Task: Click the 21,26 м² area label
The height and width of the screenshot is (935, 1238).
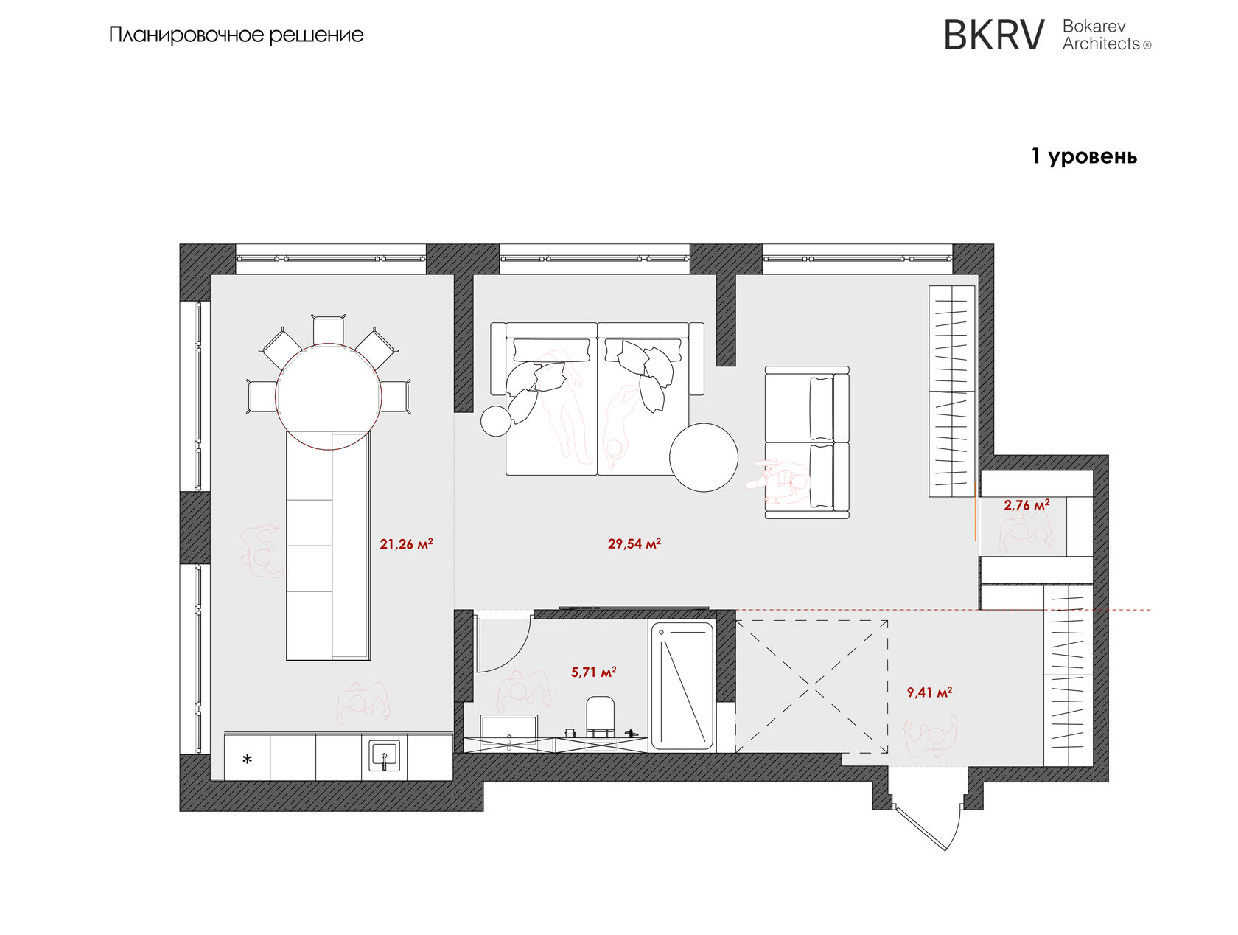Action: point(406,544)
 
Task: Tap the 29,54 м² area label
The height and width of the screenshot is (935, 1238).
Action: point(634,543)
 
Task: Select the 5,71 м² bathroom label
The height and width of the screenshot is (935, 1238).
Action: point(593,672)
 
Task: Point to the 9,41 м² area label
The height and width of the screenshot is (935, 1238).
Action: point(929,692)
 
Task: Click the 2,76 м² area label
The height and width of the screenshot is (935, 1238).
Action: point(1027,504)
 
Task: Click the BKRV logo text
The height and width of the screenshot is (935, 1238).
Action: point(994,35)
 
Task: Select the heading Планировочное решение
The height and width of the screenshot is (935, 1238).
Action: point(237,35)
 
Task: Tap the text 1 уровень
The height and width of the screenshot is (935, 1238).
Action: point(1084,156)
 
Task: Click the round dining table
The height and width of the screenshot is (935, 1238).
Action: point(328,396)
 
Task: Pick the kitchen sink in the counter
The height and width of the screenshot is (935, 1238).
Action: point(385,756)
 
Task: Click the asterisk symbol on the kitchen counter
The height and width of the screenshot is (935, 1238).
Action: point(247,760)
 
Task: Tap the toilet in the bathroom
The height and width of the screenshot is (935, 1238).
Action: point(600,716)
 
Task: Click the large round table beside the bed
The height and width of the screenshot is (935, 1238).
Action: point(703,458)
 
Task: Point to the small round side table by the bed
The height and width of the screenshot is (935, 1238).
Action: point(496,421)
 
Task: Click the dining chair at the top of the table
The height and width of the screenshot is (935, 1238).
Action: point(328,330)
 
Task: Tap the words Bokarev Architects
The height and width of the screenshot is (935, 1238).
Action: point(1107,35)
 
